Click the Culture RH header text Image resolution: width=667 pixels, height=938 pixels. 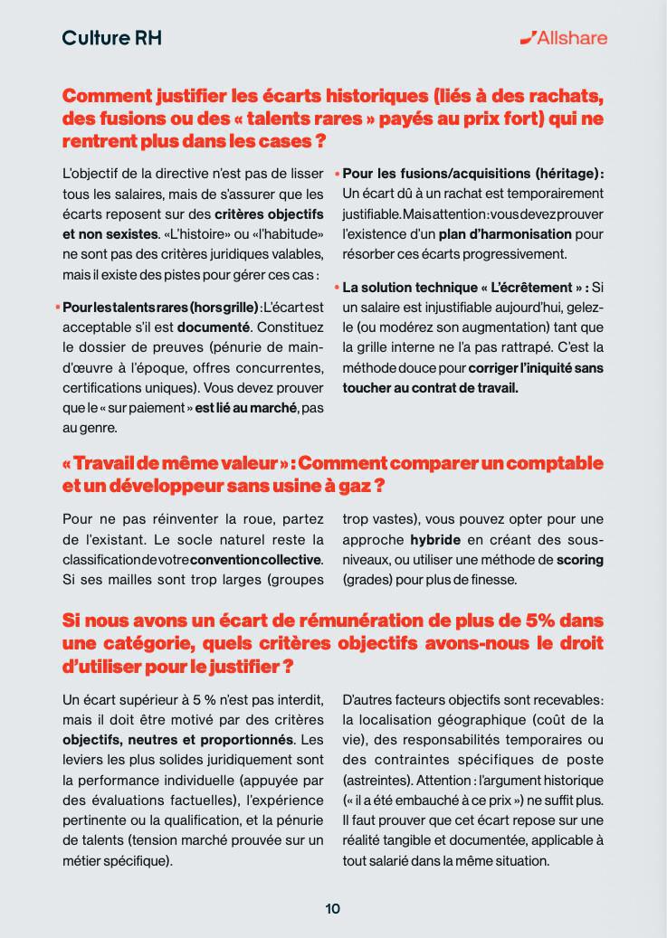pos(112,38)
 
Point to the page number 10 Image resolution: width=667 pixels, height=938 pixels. pos(333,908)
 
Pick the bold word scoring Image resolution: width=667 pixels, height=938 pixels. pos(579,559)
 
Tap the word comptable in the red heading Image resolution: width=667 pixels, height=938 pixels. pos(554,463)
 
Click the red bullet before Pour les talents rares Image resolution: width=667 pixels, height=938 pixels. pos(58,308)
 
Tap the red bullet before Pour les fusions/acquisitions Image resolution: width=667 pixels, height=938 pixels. pos(338,173)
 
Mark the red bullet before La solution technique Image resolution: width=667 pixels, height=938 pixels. pos(338,288)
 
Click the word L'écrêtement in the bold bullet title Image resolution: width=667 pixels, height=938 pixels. pos(535,288)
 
